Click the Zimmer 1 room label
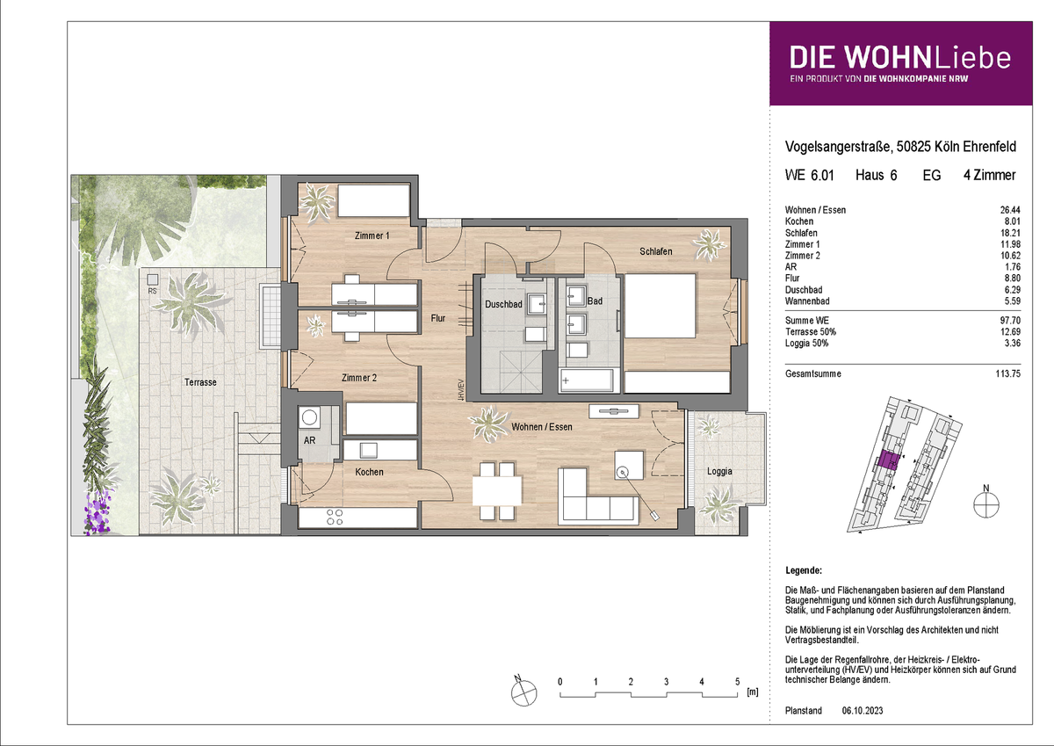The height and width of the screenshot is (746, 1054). pyautogui.click(x=372, y=235)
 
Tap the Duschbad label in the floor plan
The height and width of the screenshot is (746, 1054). pyautogui.click(x=503, y=305)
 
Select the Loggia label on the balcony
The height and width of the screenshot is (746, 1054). pyautogui.click(x=719, y=471)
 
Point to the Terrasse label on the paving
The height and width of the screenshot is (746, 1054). pyautogui.click(x=200, y=382)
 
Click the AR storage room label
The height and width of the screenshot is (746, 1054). pyautogui.click(x=309, y=440)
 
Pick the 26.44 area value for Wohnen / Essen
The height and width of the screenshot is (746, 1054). pyautogui.click(x=1010, y=210)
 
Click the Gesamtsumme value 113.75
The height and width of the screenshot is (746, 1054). pyautogui.click(x=1008, y=373)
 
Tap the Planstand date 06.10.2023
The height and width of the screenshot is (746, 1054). pyautogui.click(x=863, y=711)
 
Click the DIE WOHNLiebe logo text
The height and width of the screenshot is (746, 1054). pyautogui.click(x=900, y=58)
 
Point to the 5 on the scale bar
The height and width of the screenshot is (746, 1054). pyautogui.click(x=737, y=682)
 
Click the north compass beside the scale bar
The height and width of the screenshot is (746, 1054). pyautogui.click(x=523, y=692)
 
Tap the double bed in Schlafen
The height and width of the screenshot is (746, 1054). pyautogui.click(x=660, y=306)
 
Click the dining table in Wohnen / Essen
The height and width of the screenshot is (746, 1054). pyautogui.click(x=497, y=491)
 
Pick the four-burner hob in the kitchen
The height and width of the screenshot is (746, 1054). pyautogui.click(x=335, y=517)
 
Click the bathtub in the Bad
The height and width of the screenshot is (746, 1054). pyautogui.click(x=587, y=380)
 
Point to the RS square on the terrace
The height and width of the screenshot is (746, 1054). pyautogui.click(x=152, y=279)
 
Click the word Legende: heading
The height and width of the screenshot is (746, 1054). pyautogui.click(x=804, y=570)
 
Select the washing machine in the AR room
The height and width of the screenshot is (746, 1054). pyautogui.click(x=309, y=417)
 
